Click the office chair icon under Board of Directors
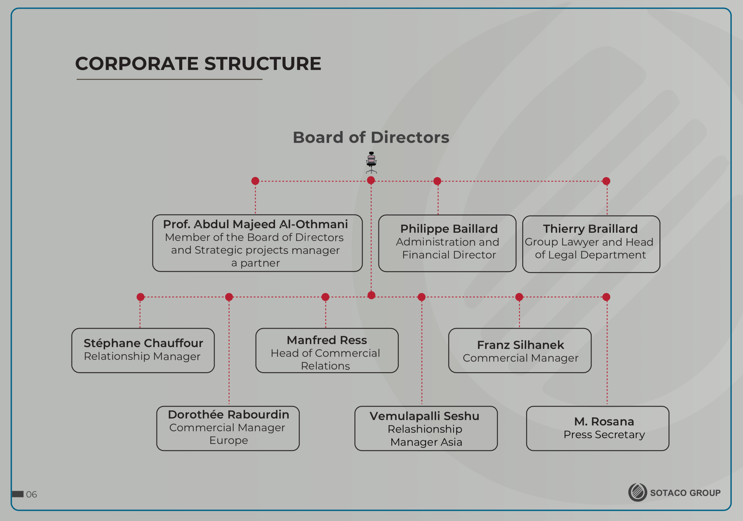tap(371, 162)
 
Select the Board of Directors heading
tap(371, 137)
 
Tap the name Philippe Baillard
tap(449, 229)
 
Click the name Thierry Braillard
tap(590, 229)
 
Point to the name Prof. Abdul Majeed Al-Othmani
tap(255, 224)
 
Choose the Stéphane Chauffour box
tap(143, 350)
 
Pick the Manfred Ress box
tap(327, 350)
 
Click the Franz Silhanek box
tap(520, 350)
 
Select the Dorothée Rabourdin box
tap(228, 428)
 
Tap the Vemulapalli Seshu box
tap(426, 428)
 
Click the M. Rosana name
tap(604, 421)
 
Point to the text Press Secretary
tap(604, 434)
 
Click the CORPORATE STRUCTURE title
tap(198, 64)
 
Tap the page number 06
tap(31, 494)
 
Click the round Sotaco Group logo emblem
tap(638, 493)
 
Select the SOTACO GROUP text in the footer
tap(685, 493)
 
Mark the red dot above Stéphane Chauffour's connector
tap(141, 297)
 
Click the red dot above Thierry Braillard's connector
tap(606, 181)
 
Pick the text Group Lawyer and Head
tap(589, 242)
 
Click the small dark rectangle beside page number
tap(18, 494)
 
